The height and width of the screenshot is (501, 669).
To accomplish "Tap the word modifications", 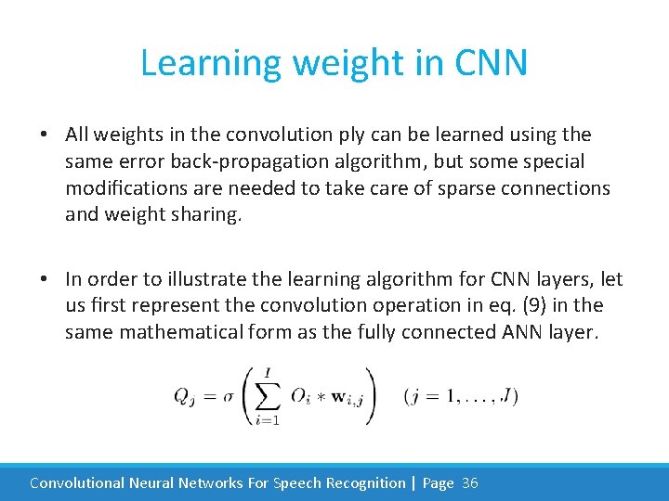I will coord(126,188).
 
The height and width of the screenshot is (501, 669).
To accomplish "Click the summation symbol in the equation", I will coord(269,395).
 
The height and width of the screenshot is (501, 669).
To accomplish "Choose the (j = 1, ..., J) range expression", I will coord(461,396).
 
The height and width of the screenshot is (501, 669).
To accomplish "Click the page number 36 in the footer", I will coord(469,482).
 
